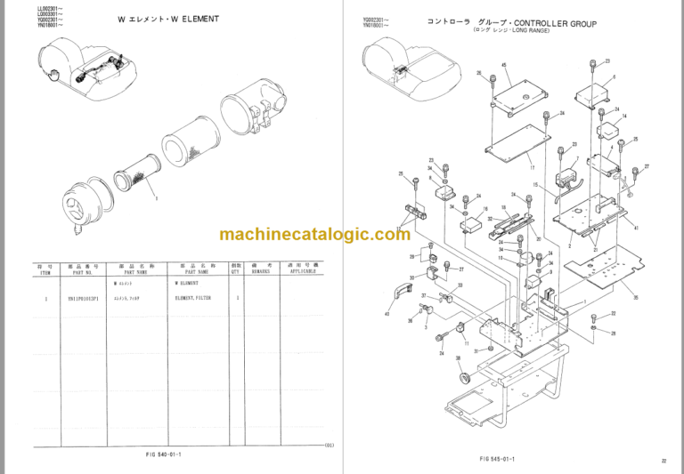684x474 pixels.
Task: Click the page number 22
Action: click(x=664, y=460)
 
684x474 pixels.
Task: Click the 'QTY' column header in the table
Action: click(x=236, y=269)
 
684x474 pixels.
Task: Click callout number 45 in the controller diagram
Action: click(x=503, y=66)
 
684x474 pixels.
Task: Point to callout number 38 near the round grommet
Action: click(x=458, y=358)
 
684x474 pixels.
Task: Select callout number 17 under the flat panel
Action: click(x=532, y=165)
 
